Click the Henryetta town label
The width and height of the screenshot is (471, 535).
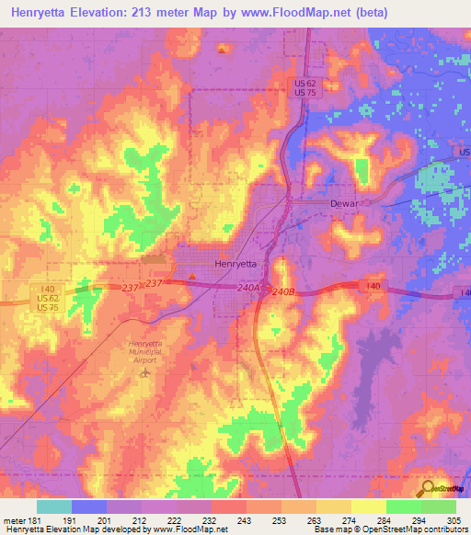point(235,263)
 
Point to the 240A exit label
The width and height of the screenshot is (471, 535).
point(248,288)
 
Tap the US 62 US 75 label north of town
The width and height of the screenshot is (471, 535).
point(306,88)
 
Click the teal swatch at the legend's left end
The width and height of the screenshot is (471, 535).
point(54,507)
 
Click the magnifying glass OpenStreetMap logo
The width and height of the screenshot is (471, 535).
point(427,489)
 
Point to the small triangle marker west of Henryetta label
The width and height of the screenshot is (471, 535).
point(191,275)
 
